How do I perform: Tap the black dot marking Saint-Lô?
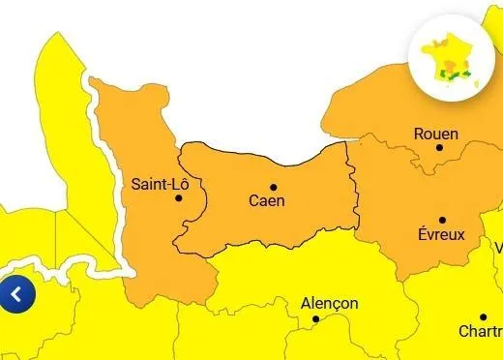click(178, 198)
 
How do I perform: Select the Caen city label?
click(267, 201)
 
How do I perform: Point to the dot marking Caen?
click(273, 187)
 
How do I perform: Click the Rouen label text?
click(435, 134)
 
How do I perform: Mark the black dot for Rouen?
click(440, 148)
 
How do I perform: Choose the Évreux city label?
click(441, 234)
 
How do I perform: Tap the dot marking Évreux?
click(442, 220)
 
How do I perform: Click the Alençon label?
click(329, 303)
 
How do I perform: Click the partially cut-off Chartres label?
click(480, 331)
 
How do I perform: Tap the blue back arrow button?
click(17, 294)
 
